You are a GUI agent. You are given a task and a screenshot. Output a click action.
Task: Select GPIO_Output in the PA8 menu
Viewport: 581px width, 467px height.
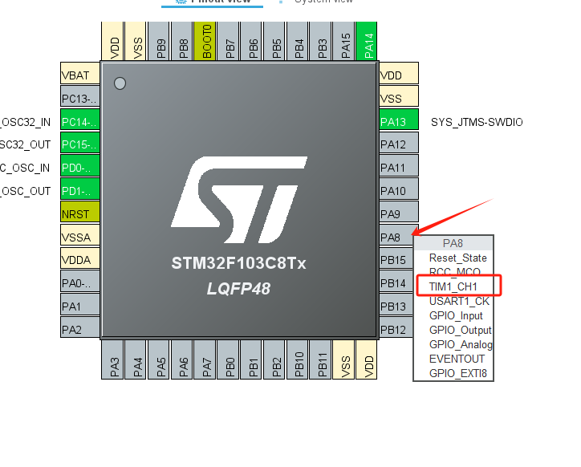tap(460, 330)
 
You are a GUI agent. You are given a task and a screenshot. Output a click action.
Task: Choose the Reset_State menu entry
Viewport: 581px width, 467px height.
tap(457, 258)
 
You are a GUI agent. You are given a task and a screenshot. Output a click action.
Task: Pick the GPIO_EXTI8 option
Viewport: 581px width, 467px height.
tap(457, 373)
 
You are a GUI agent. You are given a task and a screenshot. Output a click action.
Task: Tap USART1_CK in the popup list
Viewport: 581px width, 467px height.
tap(459, 301)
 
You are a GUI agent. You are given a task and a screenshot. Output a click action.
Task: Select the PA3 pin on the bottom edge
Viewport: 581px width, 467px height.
tap(115, 359)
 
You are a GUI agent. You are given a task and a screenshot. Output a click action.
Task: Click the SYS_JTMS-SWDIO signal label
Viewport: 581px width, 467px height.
tap(477, 122)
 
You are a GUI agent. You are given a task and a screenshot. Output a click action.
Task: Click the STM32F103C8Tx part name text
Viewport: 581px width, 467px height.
tap(238, 263)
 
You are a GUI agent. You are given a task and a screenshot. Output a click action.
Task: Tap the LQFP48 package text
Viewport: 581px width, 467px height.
tap(238, 288)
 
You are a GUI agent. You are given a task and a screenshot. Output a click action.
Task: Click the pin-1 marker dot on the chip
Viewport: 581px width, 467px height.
tap(120, 83)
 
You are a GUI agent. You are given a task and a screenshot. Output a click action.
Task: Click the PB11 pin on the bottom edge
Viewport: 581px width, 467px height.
tap(323, 359)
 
